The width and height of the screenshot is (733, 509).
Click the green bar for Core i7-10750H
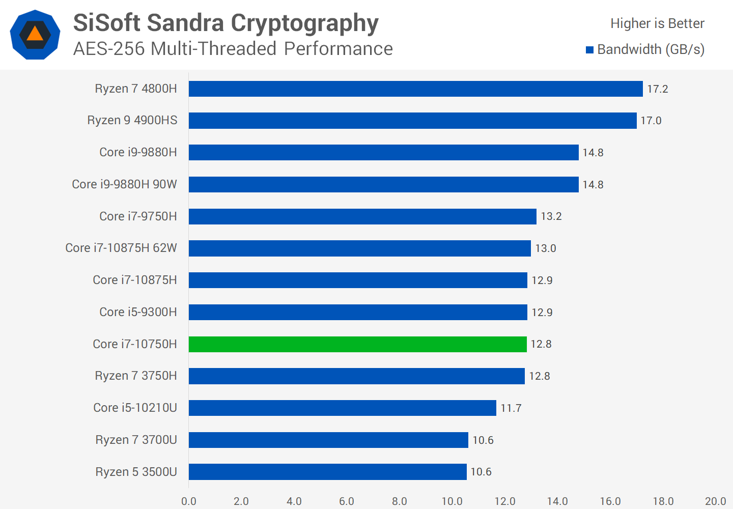click(357, 345)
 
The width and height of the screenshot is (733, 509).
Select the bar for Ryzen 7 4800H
click(415, 89)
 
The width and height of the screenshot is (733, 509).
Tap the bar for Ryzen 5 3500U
click(327, 472)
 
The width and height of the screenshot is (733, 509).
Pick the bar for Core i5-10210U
click(342, 408)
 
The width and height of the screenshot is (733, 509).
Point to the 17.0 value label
click(651, 121)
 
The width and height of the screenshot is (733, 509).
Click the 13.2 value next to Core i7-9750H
click(551, 216)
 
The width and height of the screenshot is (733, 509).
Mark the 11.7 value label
click(511, 408)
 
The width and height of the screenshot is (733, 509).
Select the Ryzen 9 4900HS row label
click(132, 121)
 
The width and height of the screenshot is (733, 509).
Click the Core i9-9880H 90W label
click(124, 184)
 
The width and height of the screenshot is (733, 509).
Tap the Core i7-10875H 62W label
click(121, 248)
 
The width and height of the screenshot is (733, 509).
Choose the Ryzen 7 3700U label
click(136, 440)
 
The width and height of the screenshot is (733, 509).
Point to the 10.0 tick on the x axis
click(452, 501)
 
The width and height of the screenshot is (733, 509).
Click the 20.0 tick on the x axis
click(715, 501)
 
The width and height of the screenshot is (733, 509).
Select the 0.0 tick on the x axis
click(189, 501)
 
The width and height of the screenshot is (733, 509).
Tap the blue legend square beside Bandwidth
click(590, 50)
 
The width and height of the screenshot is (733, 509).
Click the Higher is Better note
click(657, 23)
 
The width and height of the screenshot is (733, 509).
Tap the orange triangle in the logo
click(35, 34)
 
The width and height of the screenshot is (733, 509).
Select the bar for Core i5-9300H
click(358, 313)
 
